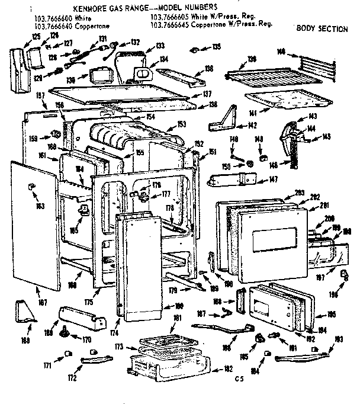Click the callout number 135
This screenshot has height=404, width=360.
(217, 47)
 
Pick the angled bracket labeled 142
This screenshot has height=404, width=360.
(224, 119)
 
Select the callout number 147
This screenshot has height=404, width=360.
(273, 179)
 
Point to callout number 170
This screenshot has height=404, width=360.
(86, 340)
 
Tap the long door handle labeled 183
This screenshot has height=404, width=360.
(302, 355)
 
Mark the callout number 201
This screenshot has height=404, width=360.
(324, 206)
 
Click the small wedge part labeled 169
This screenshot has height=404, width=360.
(24, 312)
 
